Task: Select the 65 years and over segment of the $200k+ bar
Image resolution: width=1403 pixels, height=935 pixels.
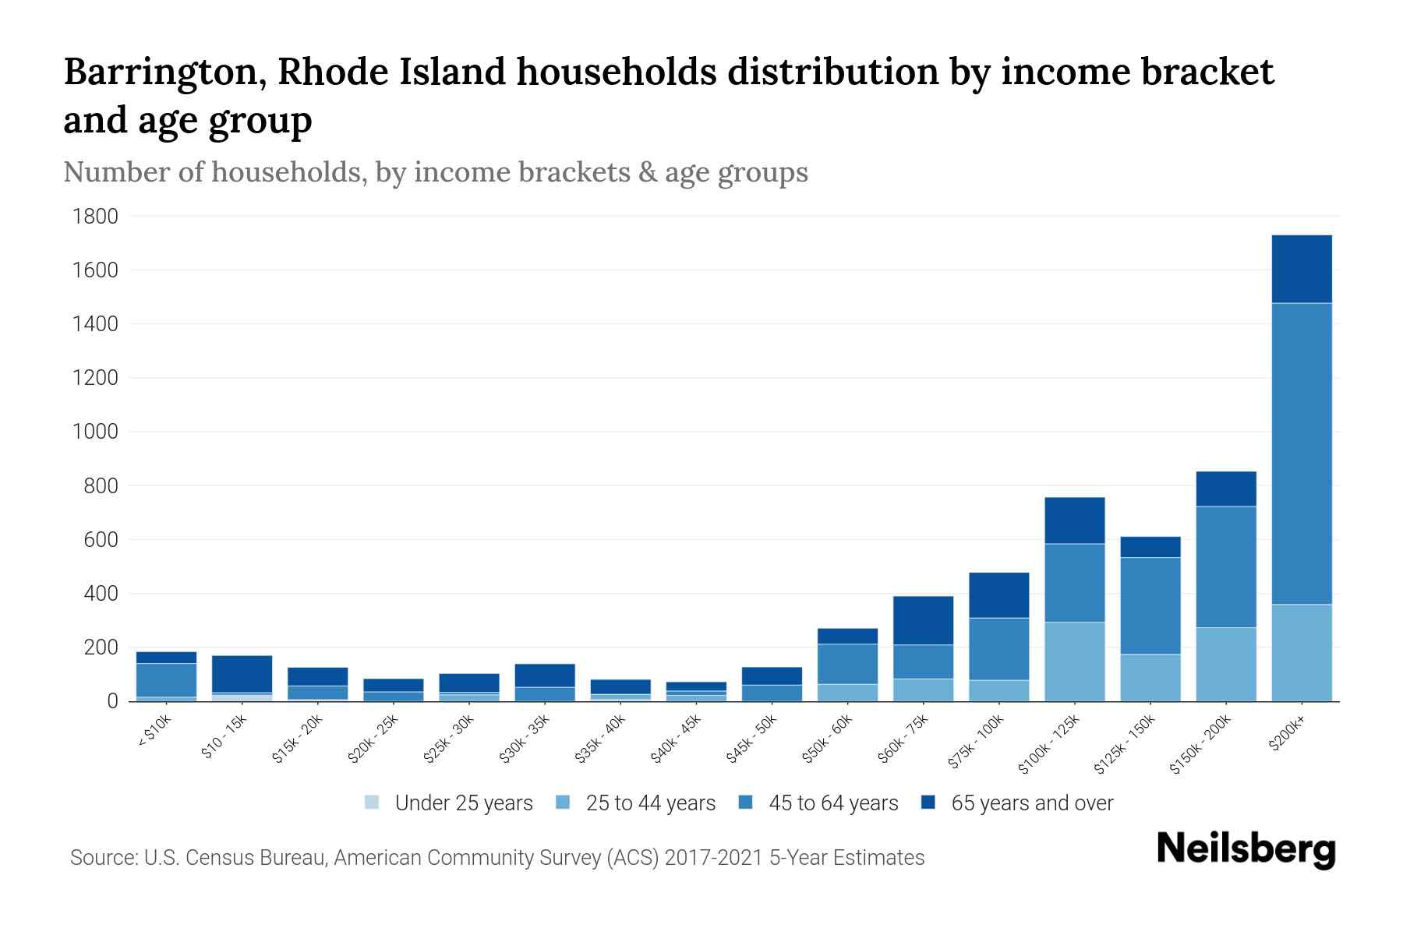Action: coord(1301,269)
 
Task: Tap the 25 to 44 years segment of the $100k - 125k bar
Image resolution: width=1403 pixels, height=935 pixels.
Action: coord(1074,662)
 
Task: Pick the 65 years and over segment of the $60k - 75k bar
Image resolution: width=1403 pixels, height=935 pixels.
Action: coord(923,620)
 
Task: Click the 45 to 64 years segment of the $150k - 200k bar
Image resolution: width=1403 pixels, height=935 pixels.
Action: coord(1225,566)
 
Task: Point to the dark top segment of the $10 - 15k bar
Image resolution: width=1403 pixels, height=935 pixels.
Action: coord(242,673)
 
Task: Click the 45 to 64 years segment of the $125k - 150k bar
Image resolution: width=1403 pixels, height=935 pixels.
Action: coord(1150,605)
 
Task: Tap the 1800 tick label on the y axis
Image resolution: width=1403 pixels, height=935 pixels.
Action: coord(95,217)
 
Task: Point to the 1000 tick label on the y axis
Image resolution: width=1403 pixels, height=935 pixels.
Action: coord(95,432)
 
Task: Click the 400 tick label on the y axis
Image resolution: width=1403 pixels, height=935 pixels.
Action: coord(101,594)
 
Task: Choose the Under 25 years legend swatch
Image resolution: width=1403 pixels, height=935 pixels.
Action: coord(373,803)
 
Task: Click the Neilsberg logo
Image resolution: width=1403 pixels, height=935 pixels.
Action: coord(1246,850)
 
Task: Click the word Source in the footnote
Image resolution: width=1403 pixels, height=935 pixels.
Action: coord(102,858)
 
